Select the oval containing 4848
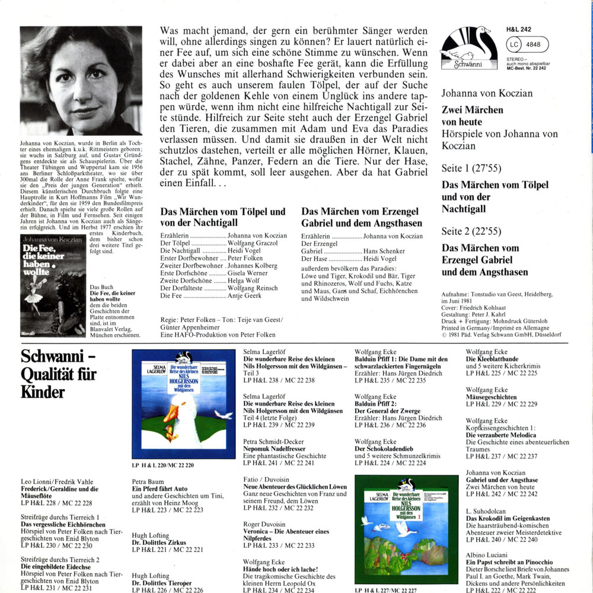click(527, 43)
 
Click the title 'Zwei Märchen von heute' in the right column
click(472, 116)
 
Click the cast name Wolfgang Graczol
click(254, 244)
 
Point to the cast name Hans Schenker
click(388, 251)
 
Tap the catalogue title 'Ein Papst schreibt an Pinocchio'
click(509, 562)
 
